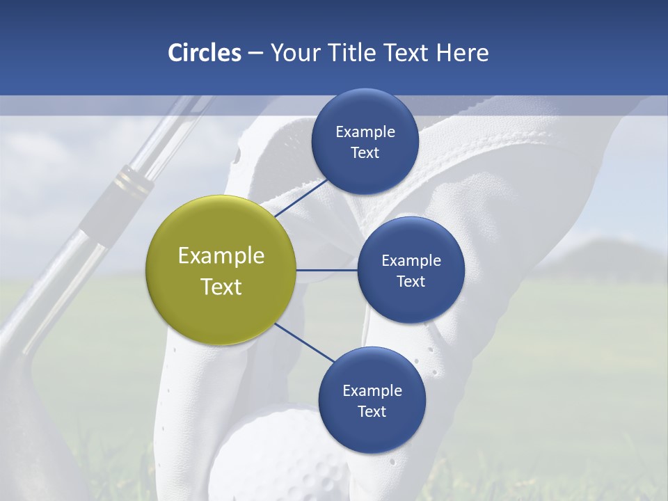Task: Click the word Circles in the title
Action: (x=205, y=53)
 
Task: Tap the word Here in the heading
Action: (x=462, y=53)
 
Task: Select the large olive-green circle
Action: (x=221, y=270)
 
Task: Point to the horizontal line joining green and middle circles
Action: (x=327, y=270)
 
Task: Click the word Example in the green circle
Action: (x=221, y=255)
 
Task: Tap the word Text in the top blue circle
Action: (x=365, y=153)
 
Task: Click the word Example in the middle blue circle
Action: (x=411, y=261)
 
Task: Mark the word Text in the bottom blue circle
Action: (x=372, y=412)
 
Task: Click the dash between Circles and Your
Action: (x=255, y=54)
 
